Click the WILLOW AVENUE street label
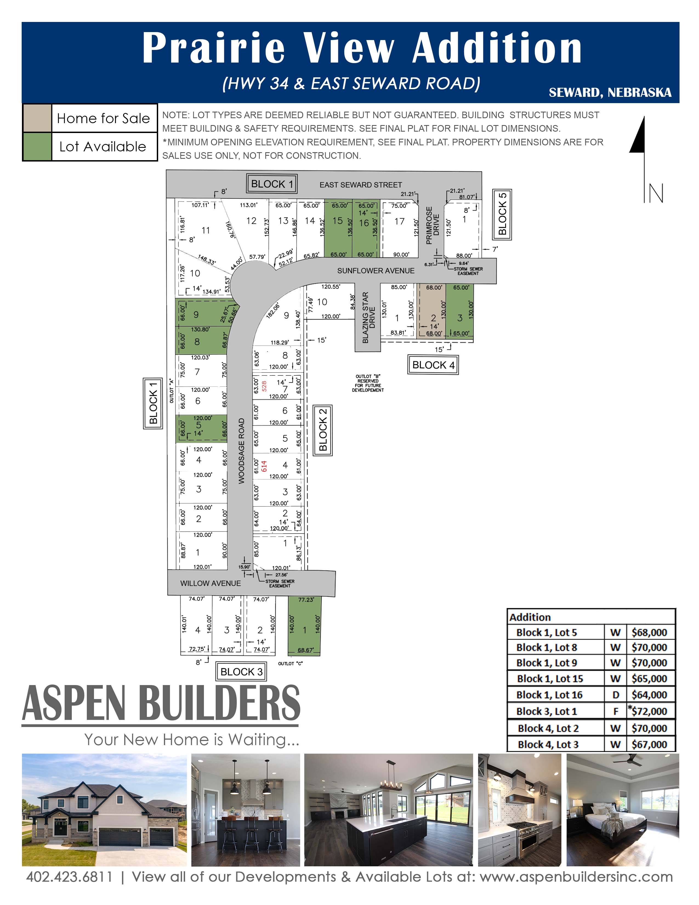pyautogui.click(x=210, y=583)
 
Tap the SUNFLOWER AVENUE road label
pyautogui.click(x=376, y=271)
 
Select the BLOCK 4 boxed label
pyautogui.click(x=433, y=365)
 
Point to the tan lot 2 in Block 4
pyautogui.click(x=432, y=312)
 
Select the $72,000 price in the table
pyautogui.click(x=649, y=711)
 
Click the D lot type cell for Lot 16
pyautogui.click(x=616, y=694)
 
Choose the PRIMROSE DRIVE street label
pyautogui.click(x=432, y=226)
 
